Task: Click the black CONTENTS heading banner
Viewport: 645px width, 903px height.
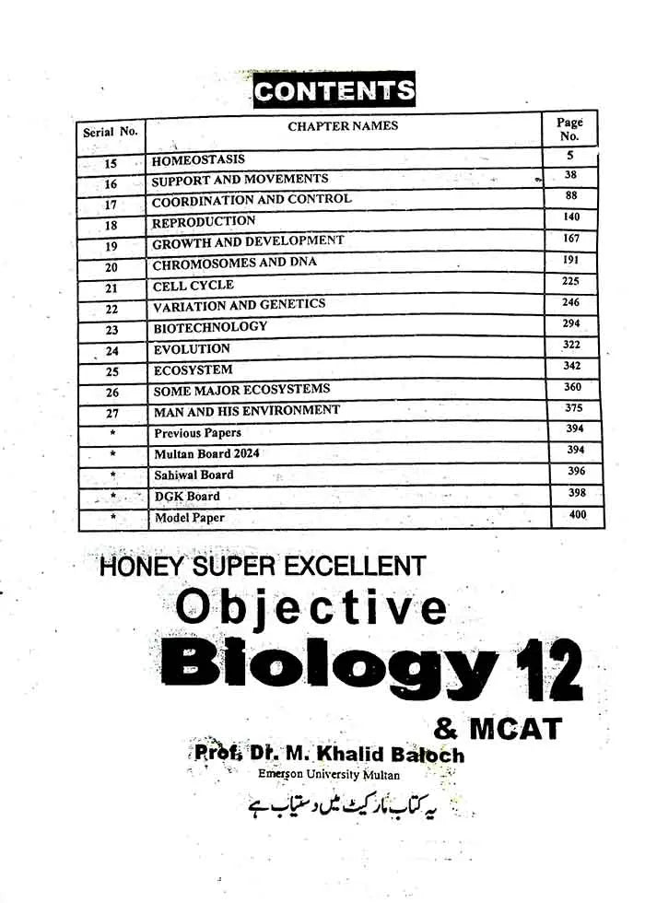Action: click(x=334, y=90)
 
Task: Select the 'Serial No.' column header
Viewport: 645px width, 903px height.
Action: click(x=111, y=132)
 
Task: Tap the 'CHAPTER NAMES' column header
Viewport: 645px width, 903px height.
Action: click(x=343, y=126)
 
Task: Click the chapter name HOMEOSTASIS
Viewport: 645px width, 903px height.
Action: click(x=198, y=159)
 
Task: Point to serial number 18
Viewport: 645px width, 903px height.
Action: click(x=111, y=225)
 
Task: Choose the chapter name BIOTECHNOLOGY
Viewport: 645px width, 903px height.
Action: click(x=210, y=327)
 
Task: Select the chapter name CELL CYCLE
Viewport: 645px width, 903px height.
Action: click(x=193, y=286)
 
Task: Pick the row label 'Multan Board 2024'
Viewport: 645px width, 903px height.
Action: click(x=206, y=453)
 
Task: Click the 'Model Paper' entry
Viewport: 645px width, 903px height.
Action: click(x=189, y=518)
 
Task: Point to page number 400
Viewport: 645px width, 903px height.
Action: click(x=578, y=515)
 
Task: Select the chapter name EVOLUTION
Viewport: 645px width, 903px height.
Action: click(x=192, y=349)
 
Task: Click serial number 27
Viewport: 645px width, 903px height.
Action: click(x=112, y=413)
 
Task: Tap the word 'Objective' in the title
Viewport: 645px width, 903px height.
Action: click(x=311, y=607)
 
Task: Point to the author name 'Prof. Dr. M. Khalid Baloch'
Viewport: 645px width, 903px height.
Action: click(x=329, y=756)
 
